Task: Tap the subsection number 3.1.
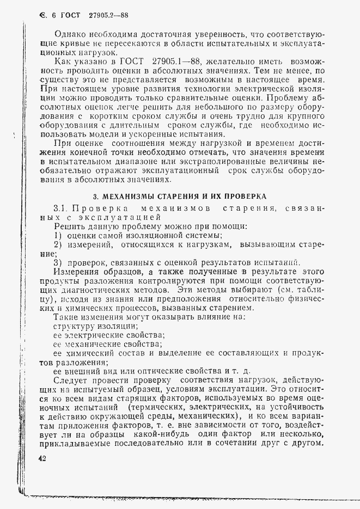point(60,208)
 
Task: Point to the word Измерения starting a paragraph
point(77,271)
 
